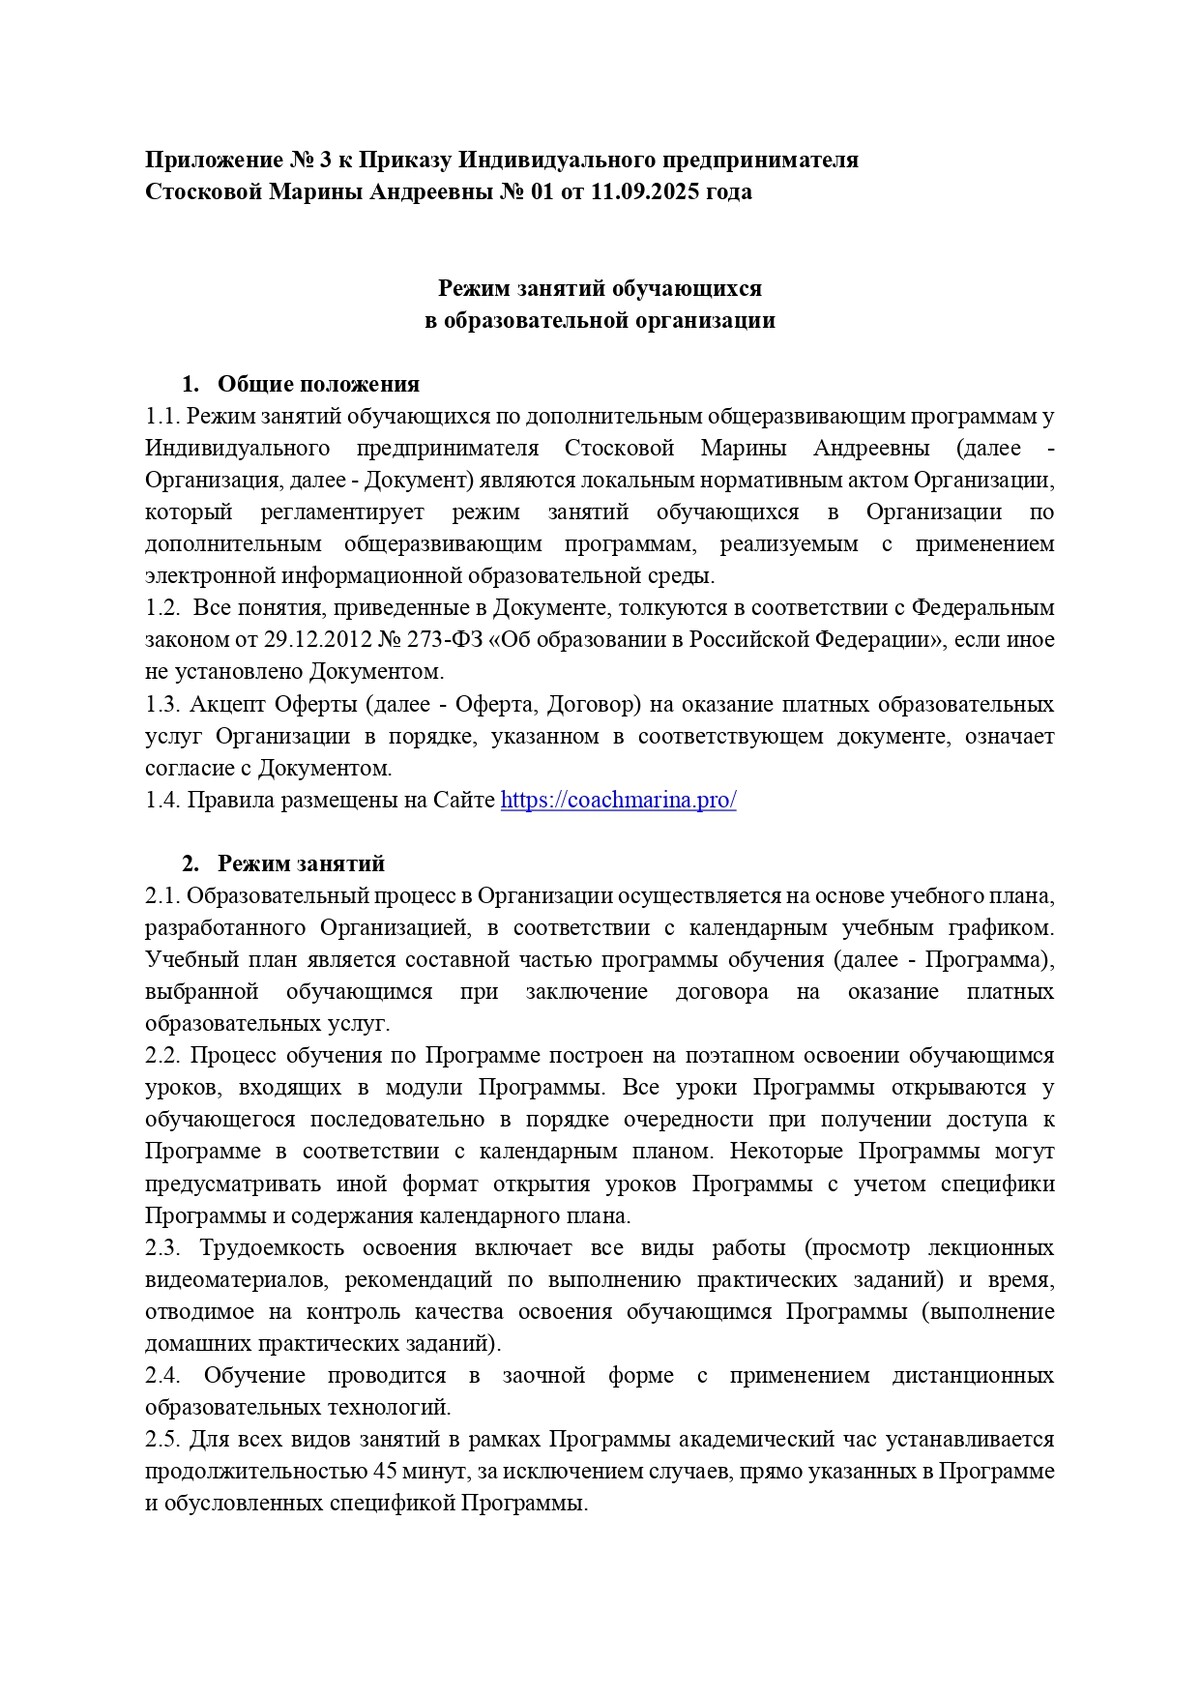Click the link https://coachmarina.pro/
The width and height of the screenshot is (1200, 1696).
click(618, 801)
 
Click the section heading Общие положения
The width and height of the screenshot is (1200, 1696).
click(318, 384)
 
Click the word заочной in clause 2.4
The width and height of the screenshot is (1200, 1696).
click(543, 1376)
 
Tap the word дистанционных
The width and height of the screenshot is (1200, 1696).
click(973, 1376)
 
